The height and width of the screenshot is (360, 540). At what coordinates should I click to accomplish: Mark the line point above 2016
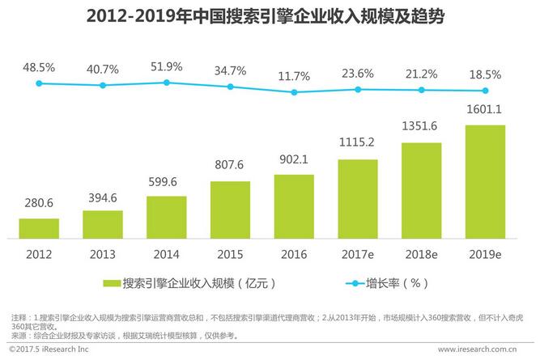click(294, 92)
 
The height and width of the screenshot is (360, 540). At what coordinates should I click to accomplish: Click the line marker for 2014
click(167, 83)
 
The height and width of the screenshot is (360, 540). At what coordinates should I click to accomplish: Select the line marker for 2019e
click(485, 91)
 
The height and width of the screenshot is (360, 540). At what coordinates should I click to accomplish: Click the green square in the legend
click(111, 284)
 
